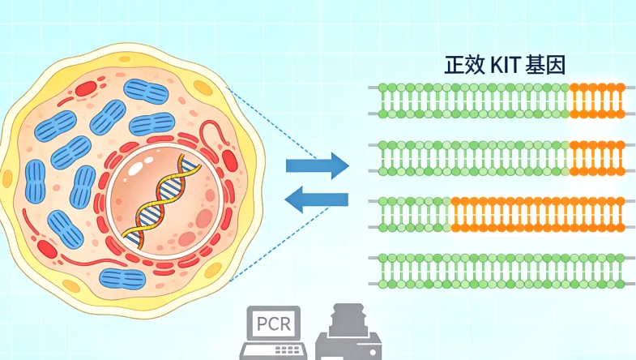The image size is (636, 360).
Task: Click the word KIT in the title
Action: (x=505, y=66)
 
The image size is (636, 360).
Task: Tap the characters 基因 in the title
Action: (x=544, y=66)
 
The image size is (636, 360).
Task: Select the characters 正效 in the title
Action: (x=464, y=66)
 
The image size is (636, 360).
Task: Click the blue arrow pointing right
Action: (x=317, y=166)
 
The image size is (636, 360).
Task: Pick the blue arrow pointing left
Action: (x=317, y=199)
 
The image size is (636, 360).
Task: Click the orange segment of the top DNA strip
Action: (x=597, y=99)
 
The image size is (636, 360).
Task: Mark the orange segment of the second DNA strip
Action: (x=597, y=158)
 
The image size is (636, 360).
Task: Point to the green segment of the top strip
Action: (x=474, y=99)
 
